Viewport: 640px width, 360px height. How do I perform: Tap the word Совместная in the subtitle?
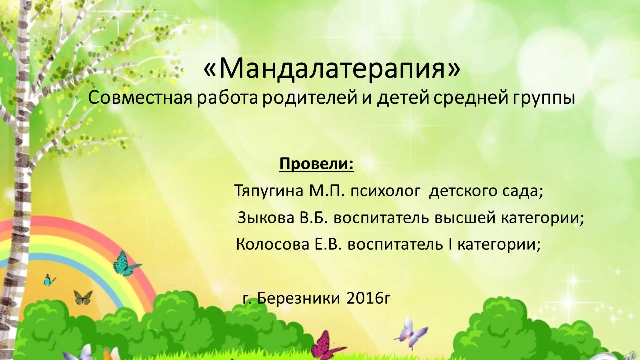[140, 98]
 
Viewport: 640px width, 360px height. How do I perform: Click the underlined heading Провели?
[316, 164]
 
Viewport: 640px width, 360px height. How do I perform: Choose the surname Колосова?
[273, 245]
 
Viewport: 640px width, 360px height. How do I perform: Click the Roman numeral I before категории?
[450, 245]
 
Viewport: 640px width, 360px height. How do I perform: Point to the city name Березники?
[299, 299]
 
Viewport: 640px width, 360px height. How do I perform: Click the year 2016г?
[368, 299]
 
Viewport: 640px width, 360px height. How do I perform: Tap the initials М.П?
[325, 191]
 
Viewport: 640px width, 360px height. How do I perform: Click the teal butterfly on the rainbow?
[126, 264]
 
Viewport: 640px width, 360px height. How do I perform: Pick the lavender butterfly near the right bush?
[411, 333]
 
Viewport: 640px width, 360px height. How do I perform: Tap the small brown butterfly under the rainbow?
[83, 297]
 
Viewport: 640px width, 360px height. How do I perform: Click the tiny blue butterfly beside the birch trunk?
[49, 280]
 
